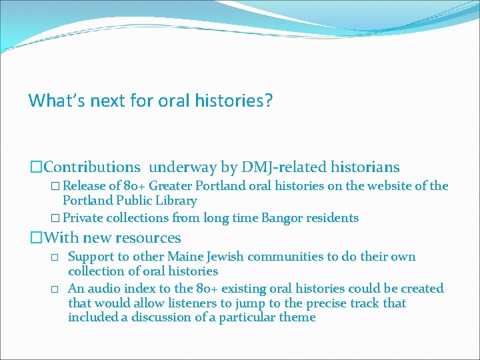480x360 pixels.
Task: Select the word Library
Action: coord(175,201)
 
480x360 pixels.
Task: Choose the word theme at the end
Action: coord(298,317)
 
